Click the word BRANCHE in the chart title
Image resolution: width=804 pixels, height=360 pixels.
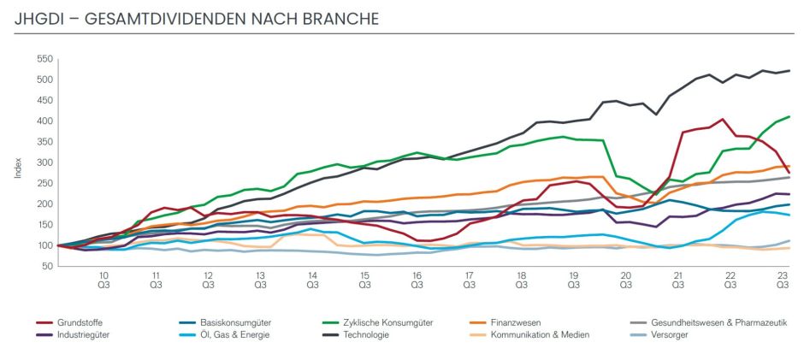[x=340, y=18]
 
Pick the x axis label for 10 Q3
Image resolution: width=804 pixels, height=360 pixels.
[x=103, y=280]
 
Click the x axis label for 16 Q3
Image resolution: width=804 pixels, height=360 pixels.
[x=417, y=280]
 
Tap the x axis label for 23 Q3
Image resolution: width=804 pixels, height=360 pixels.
[x=782, y=280]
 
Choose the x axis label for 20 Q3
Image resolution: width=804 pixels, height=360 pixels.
[x=625, y=280]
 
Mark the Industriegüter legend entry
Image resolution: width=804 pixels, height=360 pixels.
[x=84, y=334]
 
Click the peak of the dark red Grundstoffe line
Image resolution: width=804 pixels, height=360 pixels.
[x=723, y=120]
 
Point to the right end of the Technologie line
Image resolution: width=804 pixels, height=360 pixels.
[x=789, y=71]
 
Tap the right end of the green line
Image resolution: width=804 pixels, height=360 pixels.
[x=789, y=116]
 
